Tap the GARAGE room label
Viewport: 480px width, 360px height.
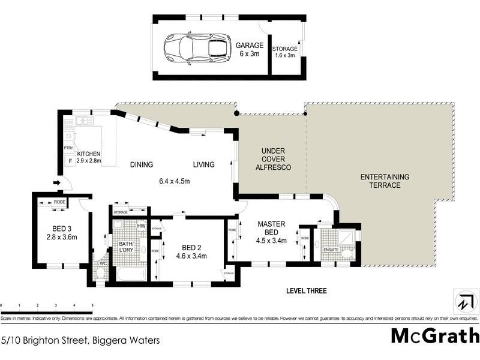[x=248, y=45]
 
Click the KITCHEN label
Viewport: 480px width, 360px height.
[x=88, y=154]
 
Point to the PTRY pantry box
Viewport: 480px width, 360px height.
[x=68, y=148]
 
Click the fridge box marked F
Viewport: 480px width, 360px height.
[x=70, y=161]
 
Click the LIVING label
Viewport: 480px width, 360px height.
[x=203, y=164]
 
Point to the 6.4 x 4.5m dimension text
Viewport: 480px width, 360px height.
[x=175, y=181]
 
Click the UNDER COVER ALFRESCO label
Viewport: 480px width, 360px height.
[x=273, y=159]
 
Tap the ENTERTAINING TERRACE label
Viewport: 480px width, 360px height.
[x=385, y=181]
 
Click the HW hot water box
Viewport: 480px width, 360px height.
[x=141, y=226]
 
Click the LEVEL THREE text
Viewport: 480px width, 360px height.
[x=306, y=291]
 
